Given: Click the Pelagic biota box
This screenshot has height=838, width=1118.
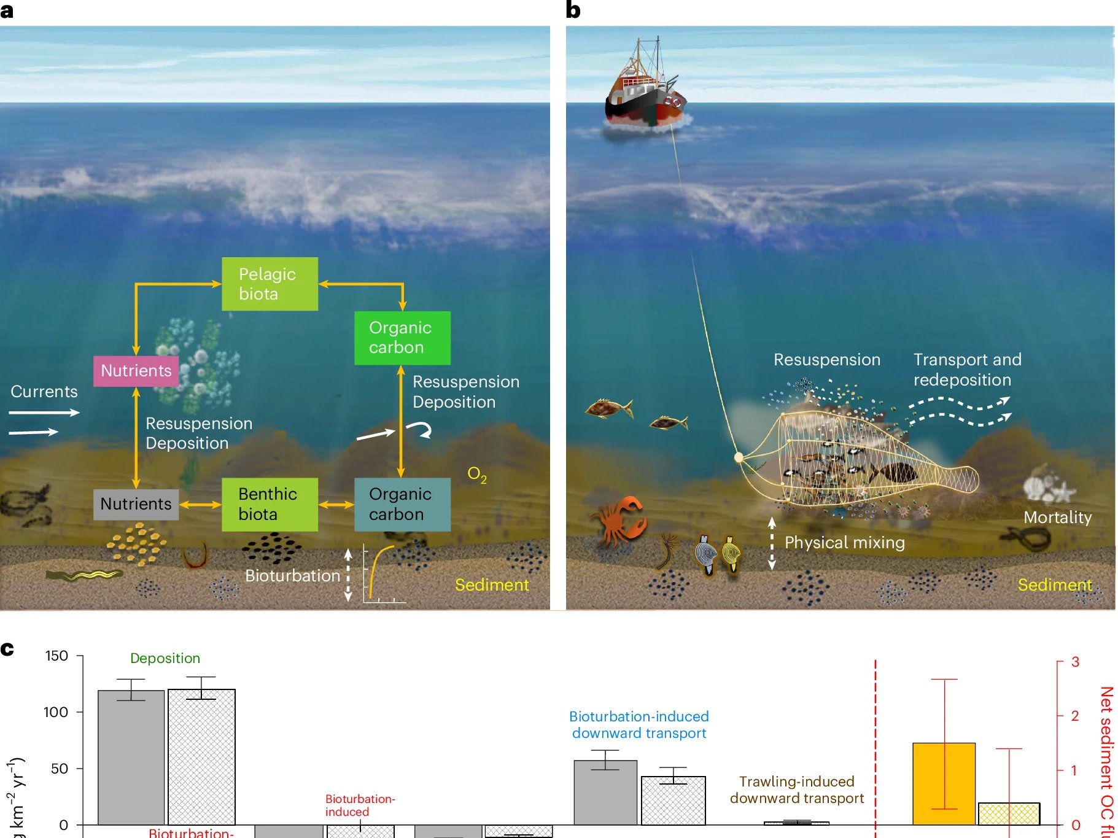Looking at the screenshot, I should click(x=270, y=284).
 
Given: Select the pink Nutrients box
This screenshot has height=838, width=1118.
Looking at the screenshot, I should click(x=136, y=371).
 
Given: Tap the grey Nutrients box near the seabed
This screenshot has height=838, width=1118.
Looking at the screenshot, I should click(x=136, y=504).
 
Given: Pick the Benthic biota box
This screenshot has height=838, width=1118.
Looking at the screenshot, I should click(x=270, y=504).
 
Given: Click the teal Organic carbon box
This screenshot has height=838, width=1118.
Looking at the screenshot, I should click(x=402, y=504).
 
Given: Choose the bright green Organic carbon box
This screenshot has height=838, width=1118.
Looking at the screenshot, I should click(x=402, y=338).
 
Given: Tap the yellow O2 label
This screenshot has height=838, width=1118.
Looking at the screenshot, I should click(x=476, y=474).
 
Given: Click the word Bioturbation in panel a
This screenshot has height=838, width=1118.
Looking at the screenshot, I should click(x=292, y=576).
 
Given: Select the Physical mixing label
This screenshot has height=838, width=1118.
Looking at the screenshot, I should click(x=844, y=543).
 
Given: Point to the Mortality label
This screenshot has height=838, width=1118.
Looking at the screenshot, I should click(x=1057, y=518).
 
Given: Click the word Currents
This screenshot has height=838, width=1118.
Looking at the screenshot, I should click(x=44, y=392).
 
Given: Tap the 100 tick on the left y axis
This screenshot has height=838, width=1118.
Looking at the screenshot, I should click(x=55, y=712).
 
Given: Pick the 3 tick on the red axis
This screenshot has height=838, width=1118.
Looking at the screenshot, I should click(x=1075, y=662).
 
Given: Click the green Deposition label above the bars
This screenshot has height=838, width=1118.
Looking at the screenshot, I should click(x=165, y=658).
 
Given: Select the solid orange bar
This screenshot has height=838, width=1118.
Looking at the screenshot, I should click(x=943, y=783).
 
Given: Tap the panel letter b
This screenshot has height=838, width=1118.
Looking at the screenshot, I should click(x=573, y=10).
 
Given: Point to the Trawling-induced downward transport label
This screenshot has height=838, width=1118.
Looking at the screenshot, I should click(x=796, y=790).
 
